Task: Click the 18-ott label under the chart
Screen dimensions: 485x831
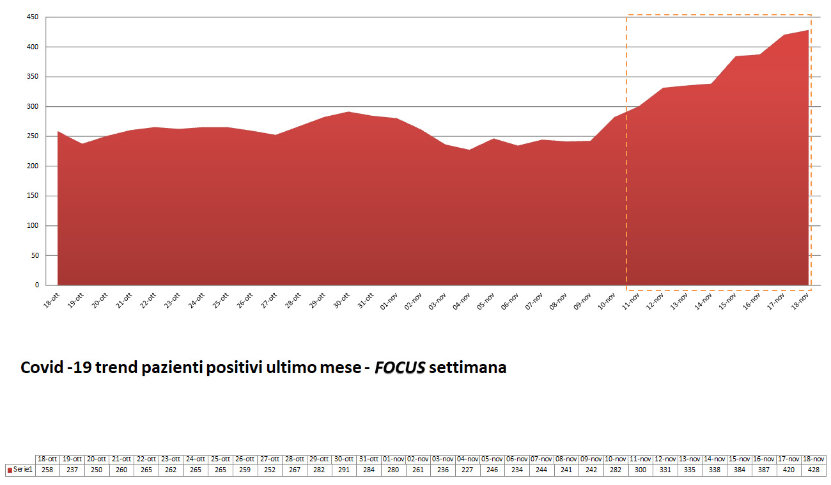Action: [51, 301]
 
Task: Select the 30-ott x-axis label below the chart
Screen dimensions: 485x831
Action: [343, 301]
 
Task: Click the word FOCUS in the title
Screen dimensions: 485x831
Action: [400, 368]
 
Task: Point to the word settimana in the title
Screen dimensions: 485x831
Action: [468, 368]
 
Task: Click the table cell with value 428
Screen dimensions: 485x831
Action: [813, 470]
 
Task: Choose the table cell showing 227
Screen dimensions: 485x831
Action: [468, 470]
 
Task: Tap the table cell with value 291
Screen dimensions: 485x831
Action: [345, 470]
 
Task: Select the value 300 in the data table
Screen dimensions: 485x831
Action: [641, 470]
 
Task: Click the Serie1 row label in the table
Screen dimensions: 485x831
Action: [24, 470]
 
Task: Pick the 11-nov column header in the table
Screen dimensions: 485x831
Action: [641, 459]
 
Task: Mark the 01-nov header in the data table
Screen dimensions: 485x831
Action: [394, 459]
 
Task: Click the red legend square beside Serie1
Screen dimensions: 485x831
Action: [10, 470]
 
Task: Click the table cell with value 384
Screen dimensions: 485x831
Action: [740, 470]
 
